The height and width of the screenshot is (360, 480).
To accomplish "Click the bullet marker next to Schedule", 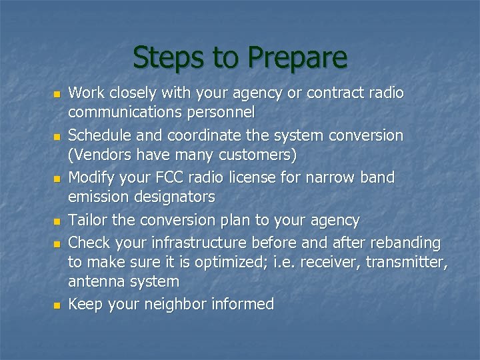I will (57, 137).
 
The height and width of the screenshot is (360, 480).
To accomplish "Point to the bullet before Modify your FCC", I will (57, 179).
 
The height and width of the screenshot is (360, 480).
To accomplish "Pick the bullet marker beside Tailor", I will (57, 221).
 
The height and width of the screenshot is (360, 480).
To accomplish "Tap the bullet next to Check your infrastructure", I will (57, 242).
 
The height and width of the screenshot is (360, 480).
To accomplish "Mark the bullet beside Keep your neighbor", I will (57, 305).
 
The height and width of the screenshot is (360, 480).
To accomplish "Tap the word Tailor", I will (89, 220).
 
